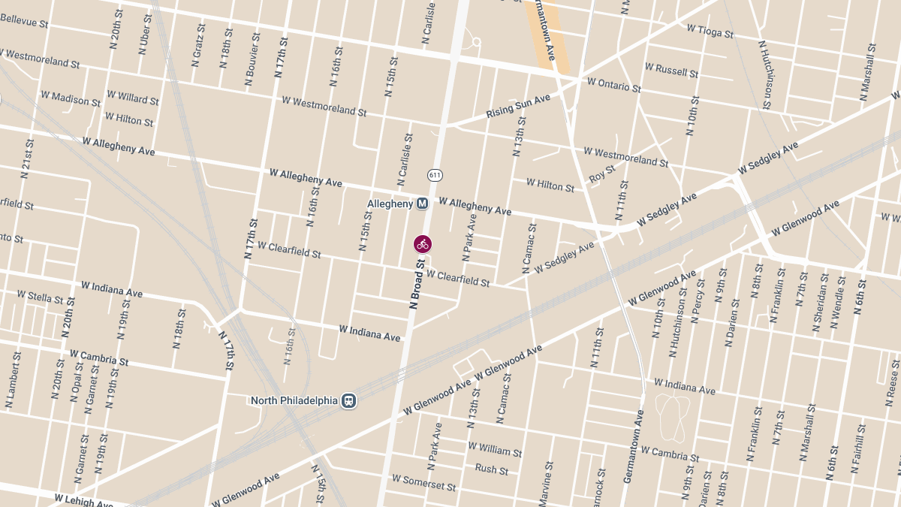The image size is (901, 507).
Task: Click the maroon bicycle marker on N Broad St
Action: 423,243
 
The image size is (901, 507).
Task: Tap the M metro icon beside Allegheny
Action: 423,203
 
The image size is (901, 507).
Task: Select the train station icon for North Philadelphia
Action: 348,400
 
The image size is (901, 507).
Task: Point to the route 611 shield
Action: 435,175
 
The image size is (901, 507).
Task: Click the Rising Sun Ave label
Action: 518,106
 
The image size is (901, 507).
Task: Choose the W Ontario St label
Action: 613,84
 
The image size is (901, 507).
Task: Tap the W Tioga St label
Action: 713,30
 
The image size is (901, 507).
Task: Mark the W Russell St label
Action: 671,71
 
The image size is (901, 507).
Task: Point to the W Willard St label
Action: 133,98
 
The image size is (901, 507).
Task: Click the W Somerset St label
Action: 424,482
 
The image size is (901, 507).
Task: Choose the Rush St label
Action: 491,469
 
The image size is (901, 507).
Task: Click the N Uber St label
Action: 143,36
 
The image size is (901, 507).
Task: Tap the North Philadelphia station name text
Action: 294,400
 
